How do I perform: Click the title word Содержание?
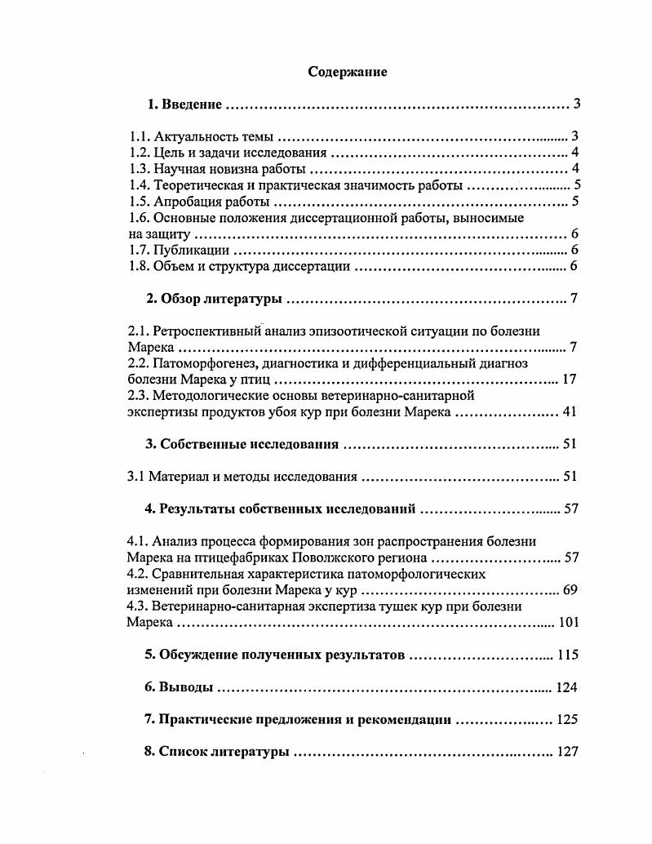(x=347, y=72)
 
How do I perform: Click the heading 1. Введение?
(x=184, y=104)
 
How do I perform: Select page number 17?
(x=570, y=380)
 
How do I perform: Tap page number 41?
(x=570, y=412)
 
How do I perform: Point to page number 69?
(x=570, y=589)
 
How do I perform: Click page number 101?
(x=568, y=622)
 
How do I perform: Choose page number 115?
(x=566, y=655)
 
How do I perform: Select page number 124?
(x=566, y=687)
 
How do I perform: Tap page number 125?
(x=566, y=720)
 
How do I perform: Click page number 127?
(x=566, y=752)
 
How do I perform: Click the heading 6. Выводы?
(x=179, y=687)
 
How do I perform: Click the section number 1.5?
(x=140, y=202)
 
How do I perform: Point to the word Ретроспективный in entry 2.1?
(x=205, y=331)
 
